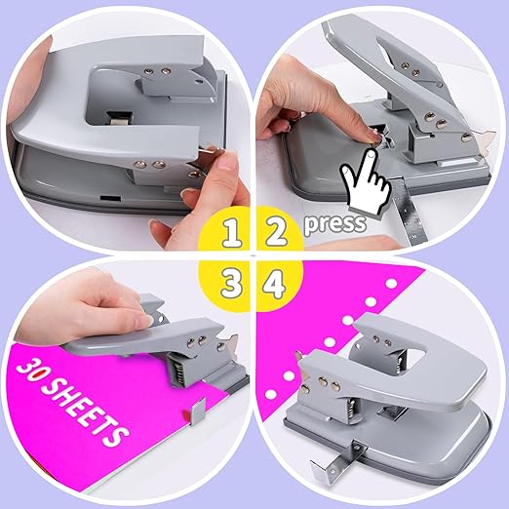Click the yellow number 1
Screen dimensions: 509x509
point(231,233)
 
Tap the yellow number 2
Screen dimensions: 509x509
point(276,232)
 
